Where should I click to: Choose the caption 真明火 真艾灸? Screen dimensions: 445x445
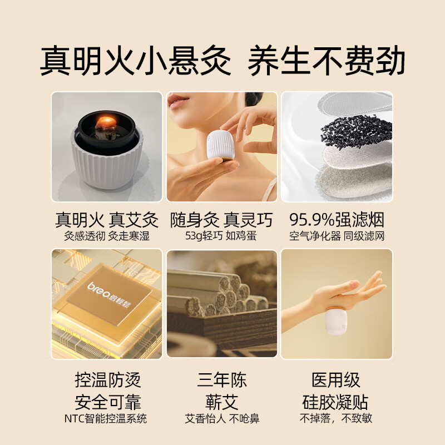tap(107, 220)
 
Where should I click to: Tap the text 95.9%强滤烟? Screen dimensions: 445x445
tap(337, 220)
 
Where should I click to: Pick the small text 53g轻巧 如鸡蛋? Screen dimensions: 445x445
tap(221, 236)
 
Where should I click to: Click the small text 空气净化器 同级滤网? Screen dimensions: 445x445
tap(337, 236)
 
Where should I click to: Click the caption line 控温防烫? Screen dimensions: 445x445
tap(107, 380)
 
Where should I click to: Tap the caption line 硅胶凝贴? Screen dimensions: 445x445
tap(336, 402)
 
